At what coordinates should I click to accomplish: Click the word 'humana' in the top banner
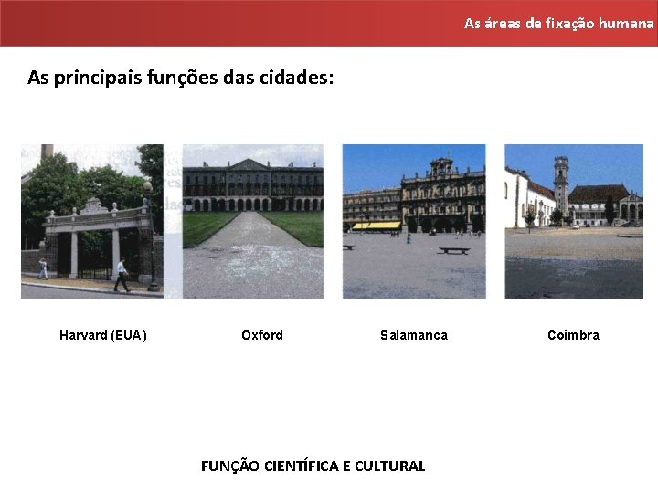(x=627, y=23)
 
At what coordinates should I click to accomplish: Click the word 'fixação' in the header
(x=570, y=23)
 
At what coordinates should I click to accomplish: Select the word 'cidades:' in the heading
(x=299, y=78)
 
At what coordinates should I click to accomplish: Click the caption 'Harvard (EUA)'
(x=102, y=335)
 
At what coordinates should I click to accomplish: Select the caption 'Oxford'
(x=262, y=335)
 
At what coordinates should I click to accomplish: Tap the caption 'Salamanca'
(x=414, y=335)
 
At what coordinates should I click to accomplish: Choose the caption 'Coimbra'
(x=573, y=335)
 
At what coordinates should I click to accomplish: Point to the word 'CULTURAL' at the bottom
(x=390, y=466)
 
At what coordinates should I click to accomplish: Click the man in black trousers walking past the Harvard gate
(x=121, y=275)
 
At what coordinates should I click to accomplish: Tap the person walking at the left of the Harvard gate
(x=43, y=268)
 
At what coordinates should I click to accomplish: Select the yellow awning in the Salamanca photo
(x=376, y=225)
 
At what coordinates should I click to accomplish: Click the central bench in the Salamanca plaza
(x=453, y=249)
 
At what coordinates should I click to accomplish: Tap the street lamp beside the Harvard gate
(x=150, y=233)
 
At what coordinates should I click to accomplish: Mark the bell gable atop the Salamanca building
(x=442, y=167)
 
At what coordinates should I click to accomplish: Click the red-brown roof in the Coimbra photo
(x=599, y=193)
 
